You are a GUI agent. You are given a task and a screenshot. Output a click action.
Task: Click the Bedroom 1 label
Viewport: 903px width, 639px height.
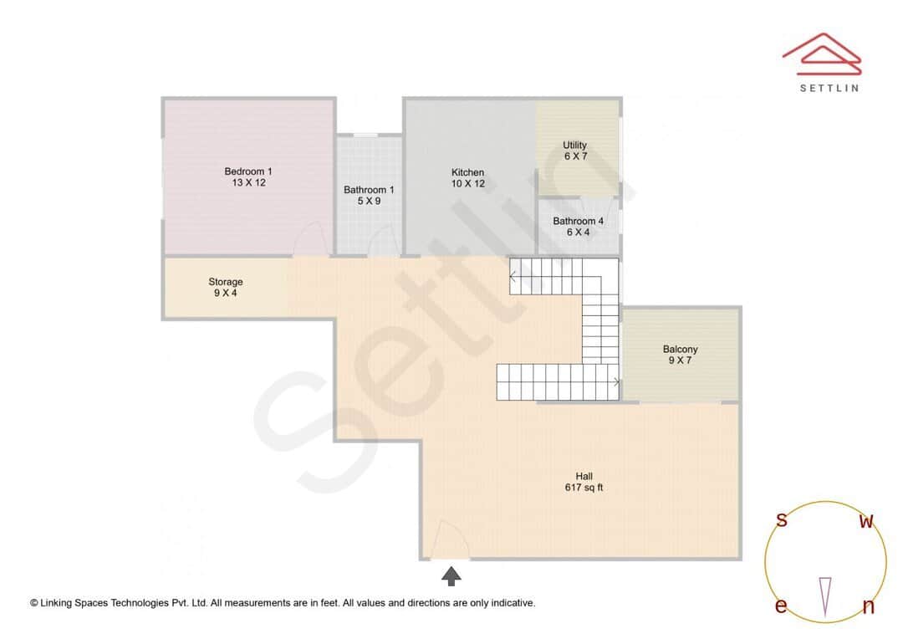[x=248, y=171]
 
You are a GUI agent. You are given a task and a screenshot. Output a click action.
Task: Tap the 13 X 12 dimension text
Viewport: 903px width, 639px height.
[x=248, y=182]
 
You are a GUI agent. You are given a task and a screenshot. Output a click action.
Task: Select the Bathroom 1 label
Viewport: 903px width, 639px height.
[x=369, y=190]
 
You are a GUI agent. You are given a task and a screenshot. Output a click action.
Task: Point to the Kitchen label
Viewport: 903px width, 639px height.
[x=467, y=172]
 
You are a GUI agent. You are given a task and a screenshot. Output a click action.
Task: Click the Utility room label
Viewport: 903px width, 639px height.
[x=574, y=145]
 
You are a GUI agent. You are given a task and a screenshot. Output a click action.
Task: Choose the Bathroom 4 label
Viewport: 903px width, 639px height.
[x=578, y=222]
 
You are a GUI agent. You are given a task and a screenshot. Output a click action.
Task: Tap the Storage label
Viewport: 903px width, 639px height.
[x=226, y=282]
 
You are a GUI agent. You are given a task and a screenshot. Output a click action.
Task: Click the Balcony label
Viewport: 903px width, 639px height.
[x=680, y=350]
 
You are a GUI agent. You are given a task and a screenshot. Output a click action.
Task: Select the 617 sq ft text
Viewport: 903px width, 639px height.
[x=584, y=488]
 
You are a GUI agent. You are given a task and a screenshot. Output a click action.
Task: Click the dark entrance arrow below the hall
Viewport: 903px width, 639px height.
[x=451, y=575]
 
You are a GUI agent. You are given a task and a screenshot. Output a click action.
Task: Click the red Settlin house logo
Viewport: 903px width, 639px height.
[x=822, y=55]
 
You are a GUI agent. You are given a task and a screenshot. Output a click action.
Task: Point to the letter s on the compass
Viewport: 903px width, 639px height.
[x=782, y=520]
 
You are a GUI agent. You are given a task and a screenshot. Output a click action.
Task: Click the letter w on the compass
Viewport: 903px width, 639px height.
[x=867, y=522]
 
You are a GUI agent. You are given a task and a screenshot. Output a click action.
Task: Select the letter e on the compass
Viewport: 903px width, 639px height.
[x=781, y=606]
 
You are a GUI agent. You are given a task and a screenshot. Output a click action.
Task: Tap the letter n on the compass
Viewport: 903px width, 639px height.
[x=868, y=606]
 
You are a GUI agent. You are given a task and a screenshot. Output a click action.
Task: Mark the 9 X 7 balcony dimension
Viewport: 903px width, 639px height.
[x=680, y=360]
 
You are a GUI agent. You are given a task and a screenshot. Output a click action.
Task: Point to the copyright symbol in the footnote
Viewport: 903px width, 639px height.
[x=34, y=602]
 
